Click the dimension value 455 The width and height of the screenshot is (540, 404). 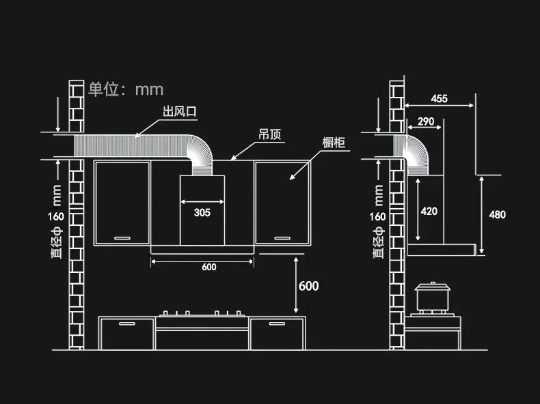click(439, 99)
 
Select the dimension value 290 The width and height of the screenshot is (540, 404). click(426, 121)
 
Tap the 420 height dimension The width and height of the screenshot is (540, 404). click(429, 211)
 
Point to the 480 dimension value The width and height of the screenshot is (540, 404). click(498, 214)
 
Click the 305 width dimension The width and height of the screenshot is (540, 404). click(202, 212)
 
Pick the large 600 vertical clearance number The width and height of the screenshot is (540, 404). click(308, 286)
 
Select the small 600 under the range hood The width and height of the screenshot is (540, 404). click(209, 267)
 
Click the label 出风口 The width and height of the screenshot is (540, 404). click(179, 111)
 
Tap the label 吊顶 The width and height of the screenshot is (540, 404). click(270, 134)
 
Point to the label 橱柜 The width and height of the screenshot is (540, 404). click(334, 143)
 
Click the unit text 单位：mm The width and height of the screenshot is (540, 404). click(126, 89)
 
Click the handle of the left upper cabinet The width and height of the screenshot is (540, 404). click(122, 238)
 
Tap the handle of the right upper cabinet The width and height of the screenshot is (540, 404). click(282, 238)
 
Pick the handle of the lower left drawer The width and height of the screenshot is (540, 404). click(127, 323)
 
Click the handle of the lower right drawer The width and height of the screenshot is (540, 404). click(278, 323)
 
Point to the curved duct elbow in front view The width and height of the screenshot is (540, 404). click(203, 151)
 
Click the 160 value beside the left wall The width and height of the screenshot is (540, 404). click(56, 216)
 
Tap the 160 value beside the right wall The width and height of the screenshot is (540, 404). click(377, 216)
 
